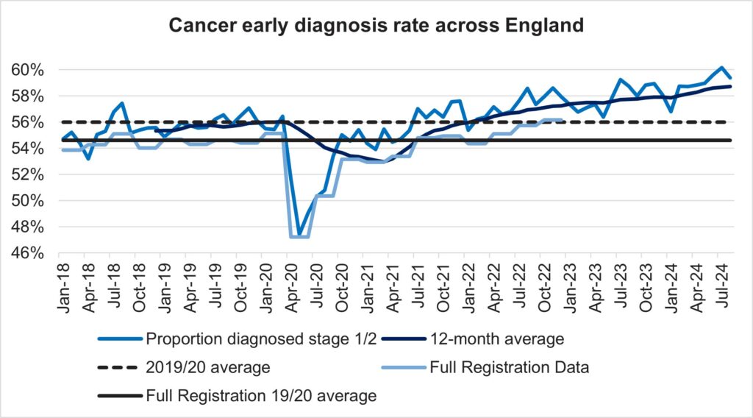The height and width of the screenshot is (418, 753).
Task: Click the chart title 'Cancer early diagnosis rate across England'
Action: [x=376, y=26]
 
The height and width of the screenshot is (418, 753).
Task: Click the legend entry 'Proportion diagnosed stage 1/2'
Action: [x=240, y=339]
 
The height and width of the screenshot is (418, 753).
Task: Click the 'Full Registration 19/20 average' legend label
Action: [x=262, y=396]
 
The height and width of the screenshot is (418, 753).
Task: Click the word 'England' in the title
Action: [x=547, y=26]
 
